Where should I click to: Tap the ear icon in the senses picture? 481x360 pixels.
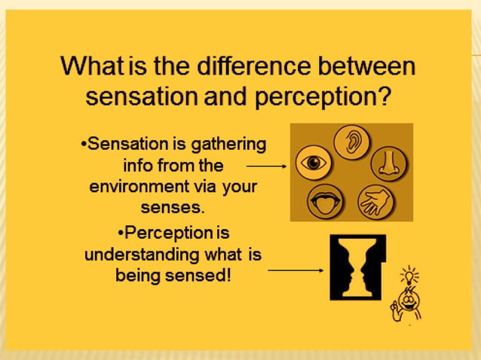[x=351, y=142]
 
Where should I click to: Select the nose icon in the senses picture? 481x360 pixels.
[x=389, y=163]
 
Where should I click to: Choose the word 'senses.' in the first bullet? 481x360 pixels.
[x=173, y=206]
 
